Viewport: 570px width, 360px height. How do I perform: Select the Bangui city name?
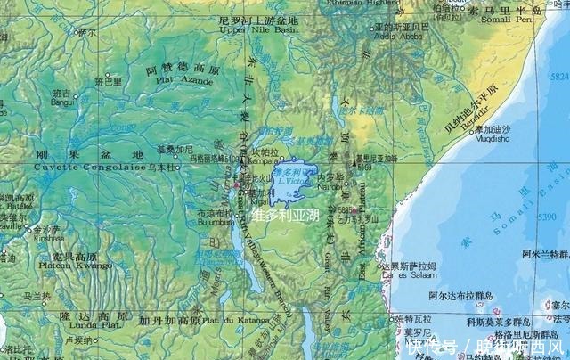(62, 102)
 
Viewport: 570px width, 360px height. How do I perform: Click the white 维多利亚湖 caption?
(286, 215)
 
